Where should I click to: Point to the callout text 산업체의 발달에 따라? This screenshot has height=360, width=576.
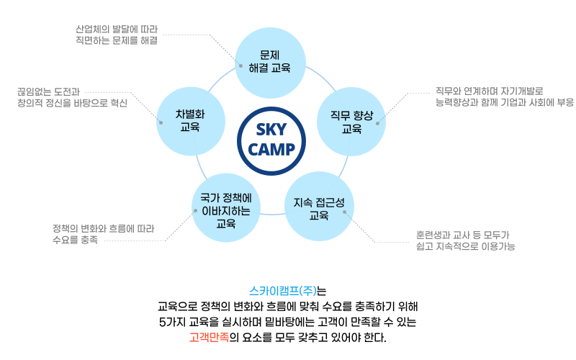(117, 30)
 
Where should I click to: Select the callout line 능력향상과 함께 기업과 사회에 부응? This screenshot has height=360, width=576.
(504, 102)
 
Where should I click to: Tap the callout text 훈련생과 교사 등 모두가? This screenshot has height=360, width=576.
(463, 235)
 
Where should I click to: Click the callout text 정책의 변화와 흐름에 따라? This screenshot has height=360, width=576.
(103, 229)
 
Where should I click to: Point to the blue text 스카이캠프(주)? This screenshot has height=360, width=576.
(284, 292)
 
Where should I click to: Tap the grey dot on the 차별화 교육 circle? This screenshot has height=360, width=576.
(161, 122)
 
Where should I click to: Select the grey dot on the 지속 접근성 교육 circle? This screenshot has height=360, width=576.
(344, 212)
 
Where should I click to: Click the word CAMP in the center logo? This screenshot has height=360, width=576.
(271, 149)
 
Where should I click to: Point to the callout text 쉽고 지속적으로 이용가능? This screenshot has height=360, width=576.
(465, 246)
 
